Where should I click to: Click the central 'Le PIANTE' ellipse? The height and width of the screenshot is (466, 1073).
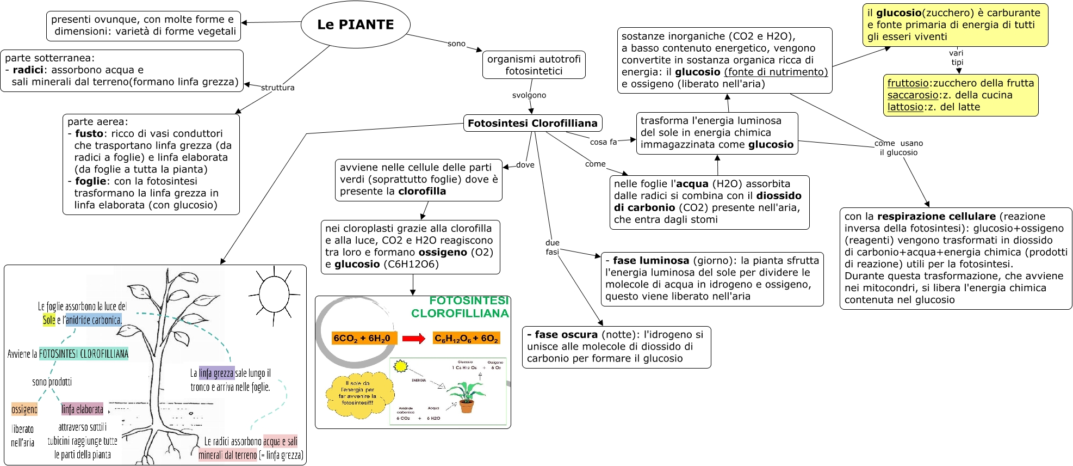click(x=355, y=24)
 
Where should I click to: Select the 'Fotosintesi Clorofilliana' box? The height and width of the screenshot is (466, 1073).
click(x=532, y=123)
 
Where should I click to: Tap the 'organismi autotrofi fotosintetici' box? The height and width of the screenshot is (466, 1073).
click(x=534, y=65)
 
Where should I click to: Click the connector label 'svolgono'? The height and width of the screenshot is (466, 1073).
click(x=529, y=95)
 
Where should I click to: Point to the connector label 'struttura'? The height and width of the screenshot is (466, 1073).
click(x=277, y=88)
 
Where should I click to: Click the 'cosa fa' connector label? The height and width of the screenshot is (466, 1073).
click(x=603, y=142)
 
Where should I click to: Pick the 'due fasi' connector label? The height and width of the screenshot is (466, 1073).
click(x=552, y=247)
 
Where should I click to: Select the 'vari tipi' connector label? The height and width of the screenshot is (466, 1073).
click(x=956, y=57)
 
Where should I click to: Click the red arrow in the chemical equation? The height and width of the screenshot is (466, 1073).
click(x=414, y=339)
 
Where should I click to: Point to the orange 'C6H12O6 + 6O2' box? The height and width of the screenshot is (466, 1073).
click(x=466, y=338)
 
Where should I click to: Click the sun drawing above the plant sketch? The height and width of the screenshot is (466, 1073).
click(x=274, y=294)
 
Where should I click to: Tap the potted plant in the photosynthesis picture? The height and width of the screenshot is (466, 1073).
click(x=466, y=396)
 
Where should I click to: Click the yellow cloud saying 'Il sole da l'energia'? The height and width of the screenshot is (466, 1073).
click(x=358, y=393)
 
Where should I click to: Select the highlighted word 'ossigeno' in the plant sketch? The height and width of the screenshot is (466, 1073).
click(x=24, y=409)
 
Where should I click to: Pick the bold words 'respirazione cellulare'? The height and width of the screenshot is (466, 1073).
click(x=936, y=217)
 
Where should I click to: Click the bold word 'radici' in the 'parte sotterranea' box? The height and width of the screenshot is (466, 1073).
click(x=28, y=70)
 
